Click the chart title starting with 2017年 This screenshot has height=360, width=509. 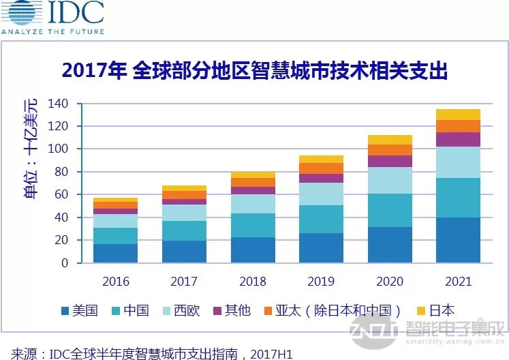tap(255, 71)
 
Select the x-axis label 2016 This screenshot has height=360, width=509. tap(116, 281)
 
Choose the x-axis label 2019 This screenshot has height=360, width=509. tap(320, 281)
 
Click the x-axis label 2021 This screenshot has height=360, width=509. tap(458, 281)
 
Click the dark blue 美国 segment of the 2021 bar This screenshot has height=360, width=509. tap(458, 240)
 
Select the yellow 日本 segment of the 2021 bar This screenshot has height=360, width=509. tap(458, 115)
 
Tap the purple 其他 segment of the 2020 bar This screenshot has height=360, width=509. tap(390, 161)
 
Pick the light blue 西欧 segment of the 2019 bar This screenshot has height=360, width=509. tap(321, 194)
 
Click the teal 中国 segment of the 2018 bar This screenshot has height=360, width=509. tap(253, 225)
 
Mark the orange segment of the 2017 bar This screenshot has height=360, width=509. tap(184, 195)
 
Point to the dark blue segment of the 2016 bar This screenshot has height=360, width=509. tap(116, 253)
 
